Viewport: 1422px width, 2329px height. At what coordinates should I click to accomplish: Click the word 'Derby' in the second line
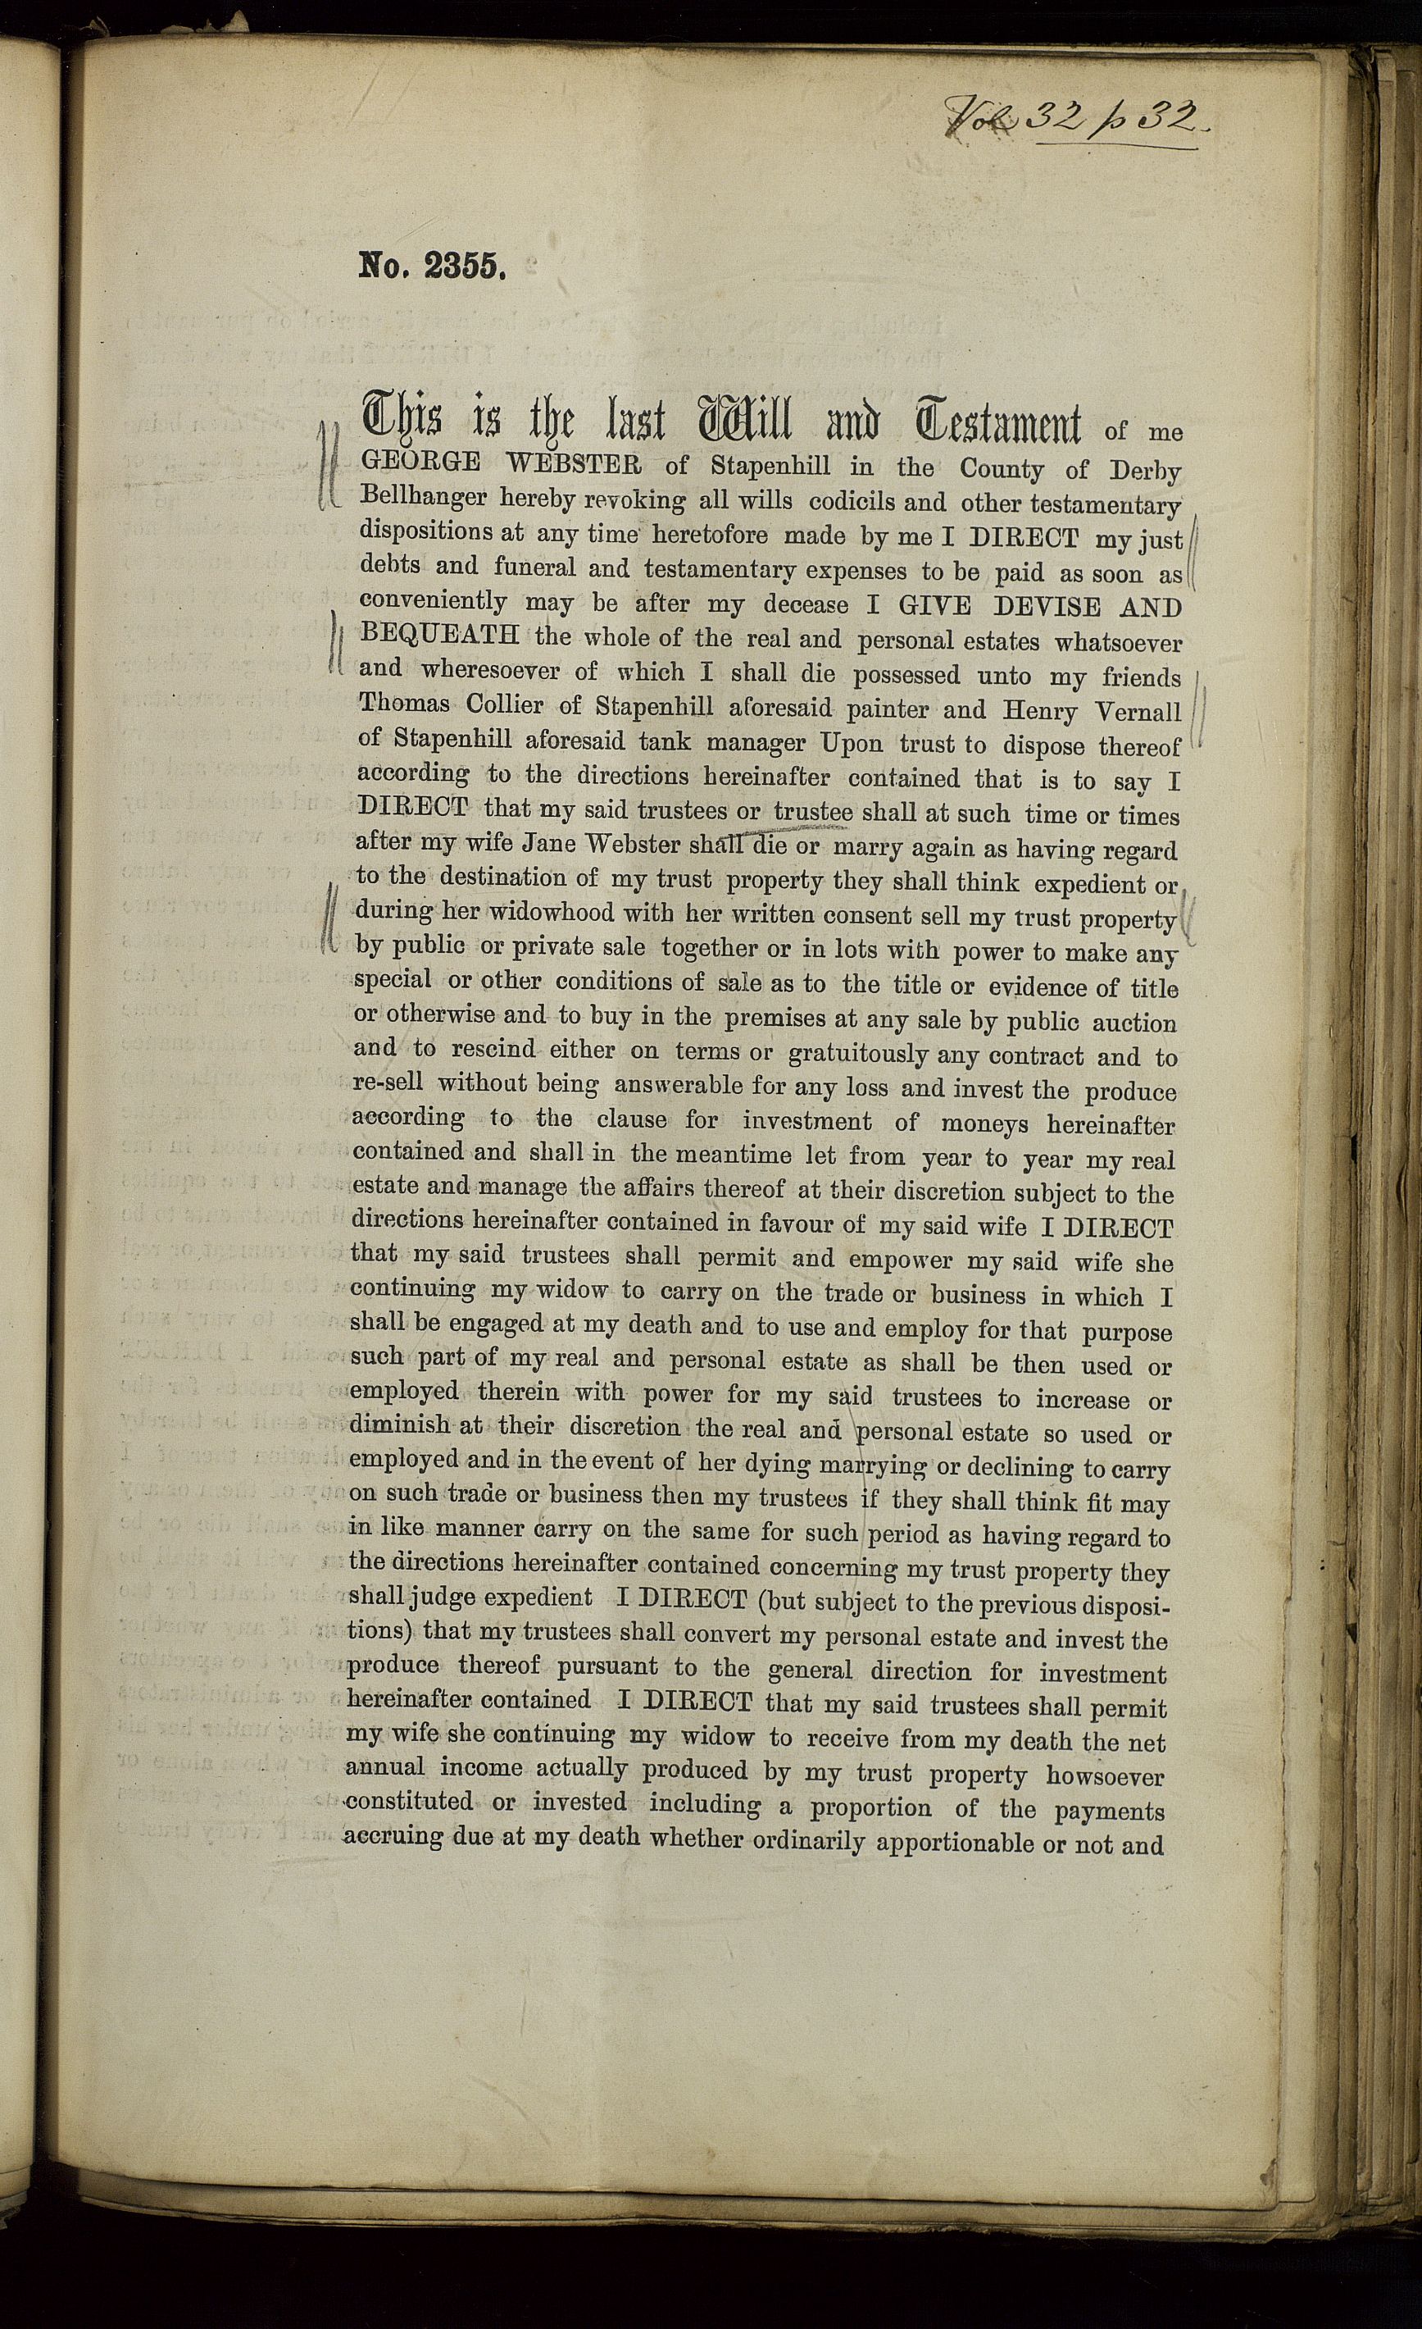point(1145,471)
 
